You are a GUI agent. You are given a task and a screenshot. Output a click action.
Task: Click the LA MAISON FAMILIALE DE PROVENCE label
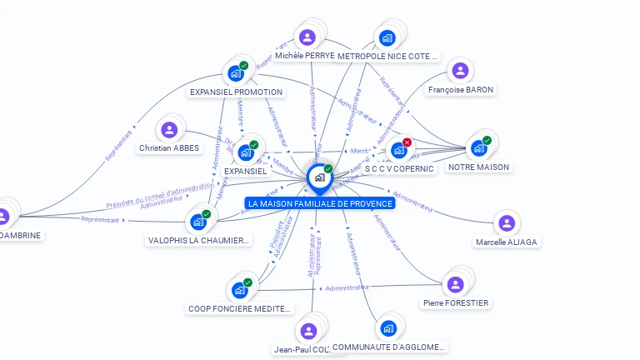(x=320, y=203)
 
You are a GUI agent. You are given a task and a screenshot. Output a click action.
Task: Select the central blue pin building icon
(x=319, y=177)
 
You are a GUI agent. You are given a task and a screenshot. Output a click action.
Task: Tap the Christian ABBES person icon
(x=169, y=129)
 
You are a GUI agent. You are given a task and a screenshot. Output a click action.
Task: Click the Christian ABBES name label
(x=169, y=148)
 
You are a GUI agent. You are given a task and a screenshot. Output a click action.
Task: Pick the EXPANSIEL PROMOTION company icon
(x=235, y=73)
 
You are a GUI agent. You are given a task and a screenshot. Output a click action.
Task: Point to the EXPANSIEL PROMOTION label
(x=236, y=92)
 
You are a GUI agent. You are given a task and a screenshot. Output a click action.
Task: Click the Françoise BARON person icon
(x=460, y=71)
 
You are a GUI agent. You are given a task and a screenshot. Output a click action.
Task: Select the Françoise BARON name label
(x=461, y=89)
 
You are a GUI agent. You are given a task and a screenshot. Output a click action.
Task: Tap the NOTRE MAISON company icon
(x=478, y=148)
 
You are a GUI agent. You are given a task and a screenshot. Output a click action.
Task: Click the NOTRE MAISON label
(x=478, y=167)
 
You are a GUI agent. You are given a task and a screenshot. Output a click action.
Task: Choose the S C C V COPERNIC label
(x=399, y=168)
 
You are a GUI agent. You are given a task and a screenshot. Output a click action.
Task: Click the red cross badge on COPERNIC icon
(x=407, y=142)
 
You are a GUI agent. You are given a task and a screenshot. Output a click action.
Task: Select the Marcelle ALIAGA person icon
(x=506, y=222)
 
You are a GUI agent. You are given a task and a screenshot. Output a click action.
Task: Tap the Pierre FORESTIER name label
(x=456, y=302)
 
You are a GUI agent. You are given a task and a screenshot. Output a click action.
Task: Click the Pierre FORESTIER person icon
(x=456, y=284)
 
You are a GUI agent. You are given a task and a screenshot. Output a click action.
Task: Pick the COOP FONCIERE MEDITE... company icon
(x=239, y=290)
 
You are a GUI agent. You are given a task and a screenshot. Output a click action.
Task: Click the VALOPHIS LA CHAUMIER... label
(x=198, y=241)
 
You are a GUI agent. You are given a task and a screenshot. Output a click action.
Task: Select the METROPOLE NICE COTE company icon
(x=387, y=37)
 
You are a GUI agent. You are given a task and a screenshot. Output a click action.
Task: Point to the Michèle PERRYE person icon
(x=307, y=37)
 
